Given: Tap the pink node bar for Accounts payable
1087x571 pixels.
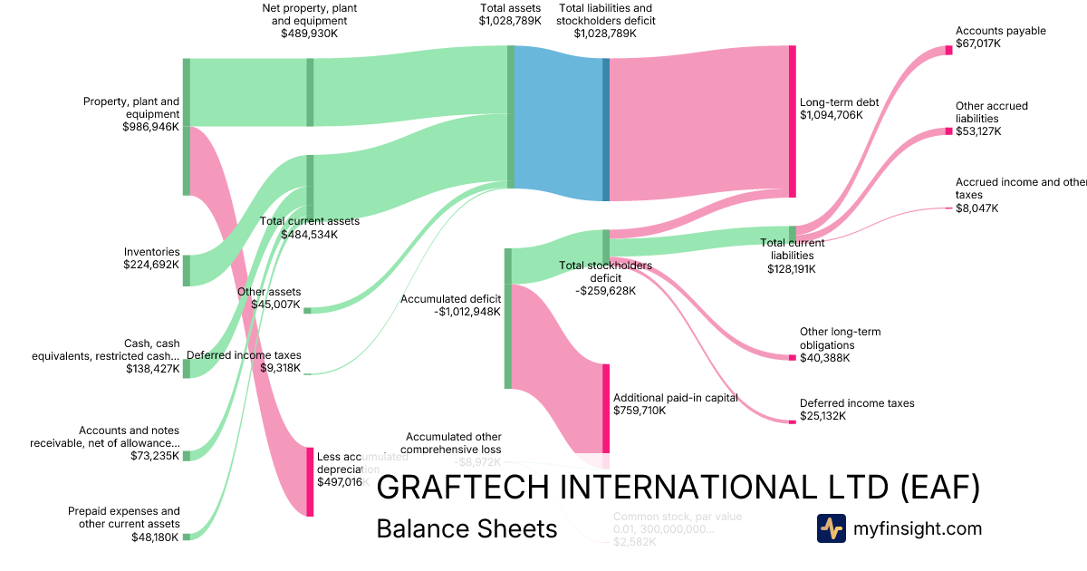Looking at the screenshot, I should pos(948,50).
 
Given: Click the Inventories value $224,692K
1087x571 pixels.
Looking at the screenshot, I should pos(151,265).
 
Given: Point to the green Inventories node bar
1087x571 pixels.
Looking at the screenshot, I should pos(187,270).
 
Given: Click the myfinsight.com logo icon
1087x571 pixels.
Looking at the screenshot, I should pos(831,528).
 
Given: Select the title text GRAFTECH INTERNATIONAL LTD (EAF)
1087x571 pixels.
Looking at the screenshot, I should pos(678,488).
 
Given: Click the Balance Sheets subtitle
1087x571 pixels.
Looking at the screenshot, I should pos(467,529).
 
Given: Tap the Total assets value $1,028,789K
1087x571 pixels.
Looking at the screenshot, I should pos(510,20).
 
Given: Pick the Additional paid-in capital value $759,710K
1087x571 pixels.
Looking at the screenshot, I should pos(640,411).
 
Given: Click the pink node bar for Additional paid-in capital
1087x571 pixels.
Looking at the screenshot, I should pos(606,408).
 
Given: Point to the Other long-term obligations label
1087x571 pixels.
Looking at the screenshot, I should pos(840,338).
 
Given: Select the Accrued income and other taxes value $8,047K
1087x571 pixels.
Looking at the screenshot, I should pos(977,208).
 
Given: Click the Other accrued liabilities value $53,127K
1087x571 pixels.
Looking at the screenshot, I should pos(977,131).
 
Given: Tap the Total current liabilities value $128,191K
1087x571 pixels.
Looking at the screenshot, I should pos(792,268).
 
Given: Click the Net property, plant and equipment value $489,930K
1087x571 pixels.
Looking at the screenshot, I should pos(310,33).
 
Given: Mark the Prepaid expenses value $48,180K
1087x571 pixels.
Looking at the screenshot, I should pos(156,537).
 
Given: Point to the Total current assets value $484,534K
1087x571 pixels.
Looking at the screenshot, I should pos(309,234).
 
